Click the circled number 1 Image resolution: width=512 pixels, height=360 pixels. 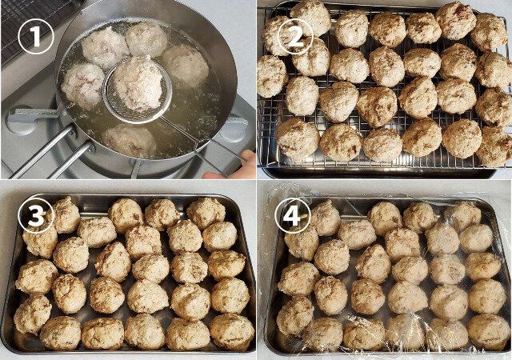point(35,36)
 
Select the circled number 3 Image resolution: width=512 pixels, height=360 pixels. point(35,215)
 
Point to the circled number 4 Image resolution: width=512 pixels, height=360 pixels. point(293,215)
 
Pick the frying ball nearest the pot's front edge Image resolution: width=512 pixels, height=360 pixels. point(130,141)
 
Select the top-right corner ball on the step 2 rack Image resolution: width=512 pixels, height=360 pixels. point(489,31)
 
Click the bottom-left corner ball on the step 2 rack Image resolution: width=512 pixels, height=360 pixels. point(297,138)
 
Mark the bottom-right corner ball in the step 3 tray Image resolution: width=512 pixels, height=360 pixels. point(232,331)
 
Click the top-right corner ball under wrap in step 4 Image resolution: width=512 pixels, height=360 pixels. point(464,214)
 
